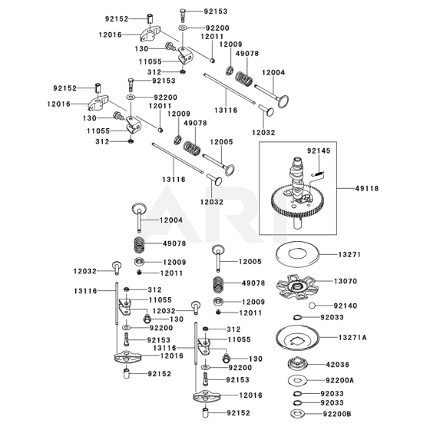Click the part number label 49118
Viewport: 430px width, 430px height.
pyautogui.click(x=367, y=189)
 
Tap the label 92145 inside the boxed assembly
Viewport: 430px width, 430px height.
pyautogui.click(x=319, y=150)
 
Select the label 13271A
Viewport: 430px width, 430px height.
pyautogui.click(x=352, y=337)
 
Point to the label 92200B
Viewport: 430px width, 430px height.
pyautogui.click(x=337, y=414)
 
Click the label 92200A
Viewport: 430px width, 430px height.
pyautogui.click(x=339, y=380)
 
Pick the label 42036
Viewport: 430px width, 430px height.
pyautogui.click(x=338, y=365)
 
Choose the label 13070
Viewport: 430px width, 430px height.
pyautogui.click(x=346, y=281)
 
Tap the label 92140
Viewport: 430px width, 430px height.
pyautogui.click(x=346, y=306)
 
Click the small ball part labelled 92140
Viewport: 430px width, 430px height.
pyautogui.click(x=312, y=306)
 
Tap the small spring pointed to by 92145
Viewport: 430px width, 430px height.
pyautogui.click(x=318, y=174)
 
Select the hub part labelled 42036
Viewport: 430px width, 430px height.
pyautogui.click(x=298, y=364)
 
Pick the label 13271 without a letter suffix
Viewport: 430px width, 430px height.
pyautogui.click(x=349, y=255)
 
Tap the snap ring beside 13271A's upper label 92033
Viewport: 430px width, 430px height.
pyautogui.click(x=297, y=318)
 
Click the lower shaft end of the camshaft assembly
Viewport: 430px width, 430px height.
pyautogui.click(x=298, y=224)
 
